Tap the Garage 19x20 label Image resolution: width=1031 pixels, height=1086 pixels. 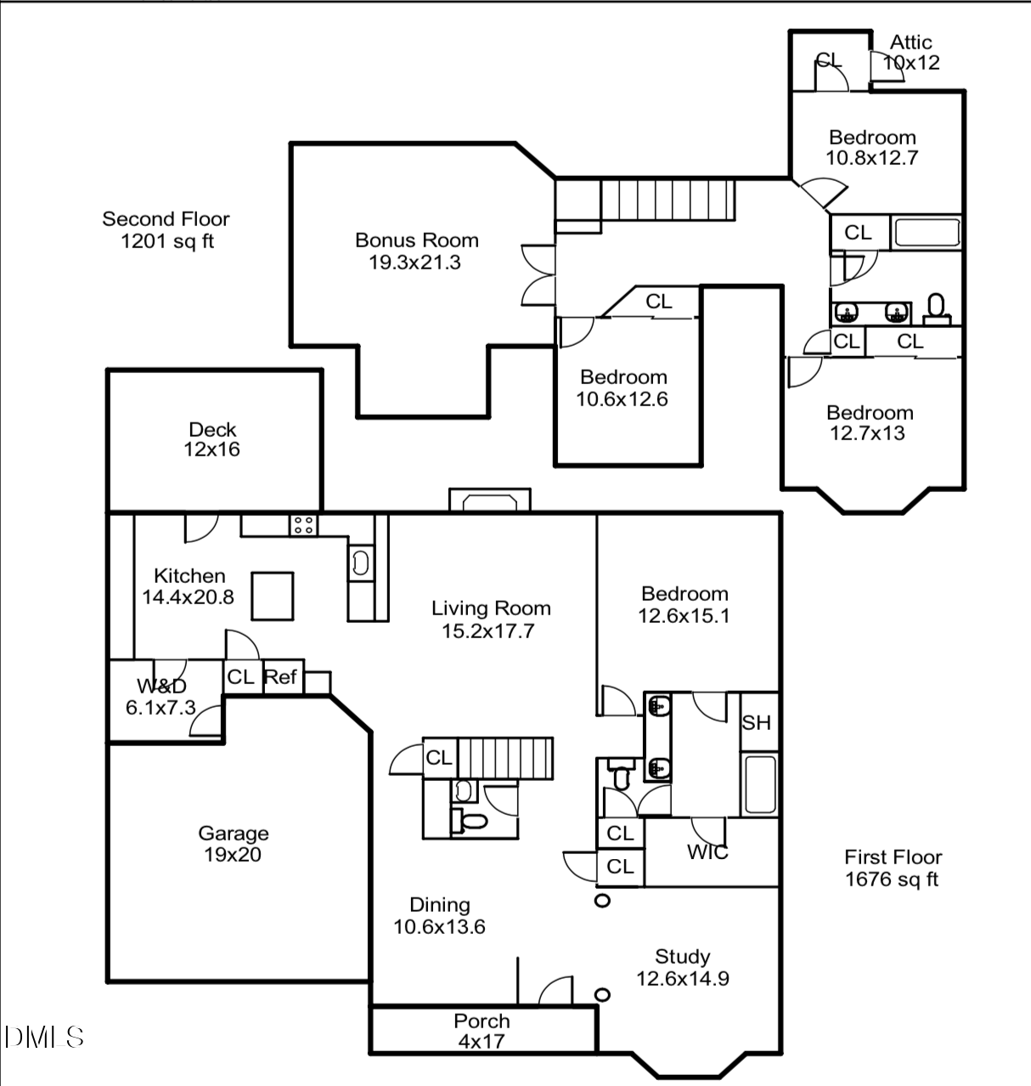pyautogui.click(x=233, y=844)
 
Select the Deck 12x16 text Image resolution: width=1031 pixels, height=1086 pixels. pyautogui.click(x=212, y=439)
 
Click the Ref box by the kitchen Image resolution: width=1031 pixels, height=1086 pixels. pyautogui.click(x=280, y=677)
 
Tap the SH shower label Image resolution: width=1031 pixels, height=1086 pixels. pyautogui.click(x=756, y=723)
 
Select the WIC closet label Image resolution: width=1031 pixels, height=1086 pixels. pyautogui.click(x=707, y=852)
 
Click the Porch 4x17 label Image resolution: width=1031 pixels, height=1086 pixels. pyautogui.click(x=482, y=1031)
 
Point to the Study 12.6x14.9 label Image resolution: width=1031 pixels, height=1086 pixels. pyautogui.click(x=683, y=967)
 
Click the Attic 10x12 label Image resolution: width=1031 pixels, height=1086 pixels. pyautogui.click(x=911, y=52)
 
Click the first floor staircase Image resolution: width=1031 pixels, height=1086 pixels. pyautogui.click(x=504, y=758)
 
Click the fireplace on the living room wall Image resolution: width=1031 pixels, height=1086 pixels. pyautogui.click(x=489, y=501)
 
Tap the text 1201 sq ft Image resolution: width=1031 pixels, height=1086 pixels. pyautogui.click(x=167, y=241)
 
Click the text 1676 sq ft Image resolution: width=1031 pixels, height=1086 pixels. pyautogui.click(x=893, y=880)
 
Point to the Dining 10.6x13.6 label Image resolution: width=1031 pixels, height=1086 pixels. pyautogui.click(x=439, y=915)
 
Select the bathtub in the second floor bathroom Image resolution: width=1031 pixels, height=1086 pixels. pyautogui.click(x=926, y=233)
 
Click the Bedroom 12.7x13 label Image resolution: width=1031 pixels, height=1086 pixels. pyautogui.click(x=870, y=423)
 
